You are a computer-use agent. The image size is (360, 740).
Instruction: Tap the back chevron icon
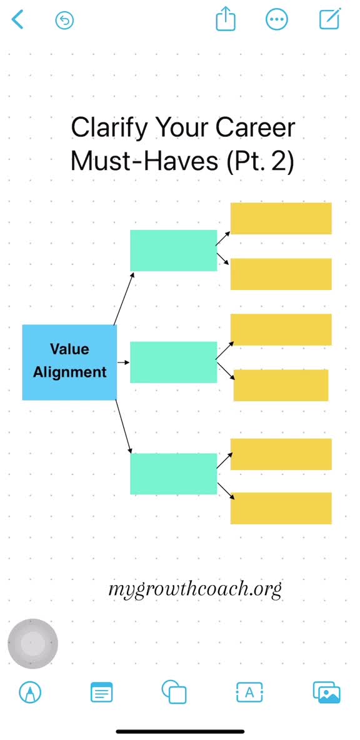point(17,20)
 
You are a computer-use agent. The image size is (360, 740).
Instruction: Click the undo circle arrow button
point(64,20)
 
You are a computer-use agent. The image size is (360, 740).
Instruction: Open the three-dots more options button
point(276,20)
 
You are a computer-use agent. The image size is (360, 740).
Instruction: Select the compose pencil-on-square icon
point(330,19)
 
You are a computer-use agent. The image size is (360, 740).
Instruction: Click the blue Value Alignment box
point(69,362)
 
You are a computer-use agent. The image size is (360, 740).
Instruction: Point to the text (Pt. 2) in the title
point(261,161)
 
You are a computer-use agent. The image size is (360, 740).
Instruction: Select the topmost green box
point(174,251)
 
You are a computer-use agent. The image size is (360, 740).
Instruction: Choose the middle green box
point(174,362)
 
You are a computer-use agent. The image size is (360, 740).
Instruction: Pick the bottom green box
point(174,474)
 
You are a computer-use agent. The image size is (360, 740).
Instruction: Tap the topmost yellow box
point(281,219)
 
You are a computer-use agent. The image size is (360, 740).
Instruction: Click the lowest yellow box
point(281,508)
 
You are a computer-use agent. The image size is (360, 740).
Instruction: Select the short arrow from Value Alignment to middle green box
point(123,362)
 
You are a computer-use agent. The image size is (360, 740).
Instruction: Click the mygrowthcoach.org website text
point(195,589)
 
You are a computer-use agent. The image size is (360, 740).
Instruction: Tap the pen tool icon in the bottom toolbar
point(30,692)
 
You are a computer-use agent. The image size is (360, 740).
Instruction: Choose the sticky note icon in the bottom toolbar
point(101,692)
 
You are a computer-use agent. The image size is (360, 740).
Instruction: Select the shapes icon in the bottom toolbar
point(174,692)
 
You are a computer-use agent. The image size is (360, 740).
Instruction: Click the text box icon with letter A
point(249,692)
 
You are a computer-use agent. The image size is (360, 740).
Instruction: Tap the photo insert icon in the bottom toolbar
point(326,692)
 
